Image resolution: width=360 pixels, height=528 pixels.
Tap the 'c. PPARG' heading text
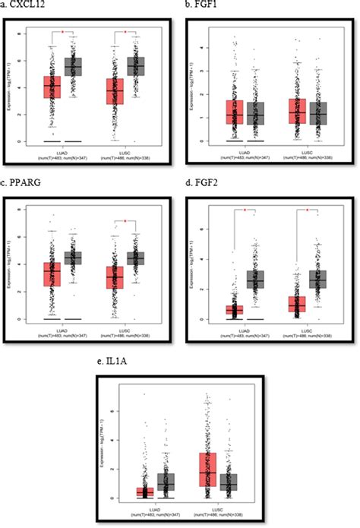(23, 183)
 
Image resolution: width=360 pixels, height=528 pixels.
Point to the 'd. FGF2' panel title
(203, 183)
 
